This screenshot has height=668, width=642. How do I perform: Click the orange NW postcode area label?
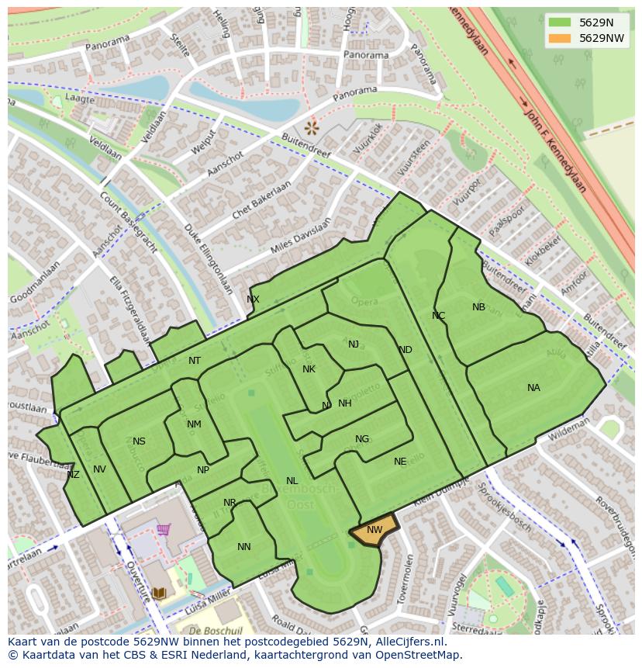(374, 530)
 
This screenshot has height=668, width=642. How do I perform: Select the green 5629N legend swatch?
(558, 22)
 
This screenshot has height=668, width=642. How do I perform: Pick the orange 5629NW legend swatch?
(558, 38)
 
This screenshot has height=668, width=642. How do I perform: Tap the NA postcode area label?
(533, 388)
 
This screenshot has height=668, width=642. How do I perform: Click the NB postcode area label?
(478, 307)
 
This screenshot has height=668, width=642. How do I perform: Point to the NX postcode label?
(253, 299)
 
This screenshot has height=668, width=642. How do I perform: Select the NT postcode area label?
(195, 361)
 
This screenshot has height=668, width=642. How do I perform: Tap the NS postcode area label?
(139, 441)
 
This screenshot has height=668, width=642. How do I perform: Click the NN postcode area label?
(244, 547)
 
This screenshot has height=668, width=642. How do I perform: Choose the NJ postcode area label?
(354, 344)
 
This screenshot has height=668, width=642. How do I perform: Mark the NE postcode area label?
(400, 462)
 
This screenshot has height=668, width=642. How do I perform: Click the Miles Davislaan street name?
(301, 235)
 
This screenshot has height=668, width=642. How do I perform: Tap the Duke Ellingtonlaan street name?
(209, 259)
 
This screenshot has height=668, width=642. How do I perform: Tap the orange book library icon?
(159, 593)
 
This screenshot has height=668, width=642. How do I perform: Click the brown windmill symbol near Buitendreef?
(312, 126)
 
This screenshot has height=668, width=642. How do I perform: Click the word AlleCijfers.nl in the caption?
(407, 642)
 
